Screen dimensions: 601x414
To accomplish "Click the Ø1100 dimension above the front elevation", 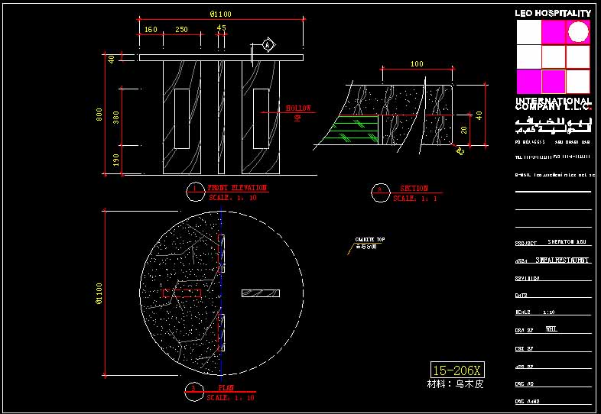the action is pos(220,14).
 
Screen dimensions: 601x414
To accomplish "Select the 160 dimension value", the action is pos(151,30).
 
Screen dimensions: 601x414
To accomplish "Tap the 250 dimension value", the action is pos(181,30).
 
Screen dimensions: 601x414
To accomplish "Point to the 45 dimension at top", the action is pos(222,28).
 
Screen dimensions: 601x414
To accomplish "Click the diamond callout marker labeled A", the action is pos(268,44).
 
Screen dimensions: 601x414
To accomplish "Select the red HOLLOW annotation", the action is pos(298,108).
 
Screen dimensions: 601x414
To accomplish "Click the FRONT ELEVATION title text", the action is pos(237,188).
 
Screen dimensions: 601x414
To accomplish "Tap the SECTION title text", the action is pos(414,189).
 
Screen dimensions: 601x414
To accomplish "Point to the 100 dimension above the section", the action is pos(417,64).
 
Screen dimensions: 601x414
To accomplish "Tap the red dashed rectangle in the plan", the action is pos(182,293).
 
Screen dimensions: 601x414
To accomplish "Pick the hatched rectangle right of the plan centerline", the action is pos(261,293).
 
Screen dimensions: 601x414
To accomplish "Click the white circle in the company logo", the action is pos(579,32).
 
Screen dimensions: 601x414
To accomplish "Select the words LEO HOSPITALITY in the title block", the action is pos(553,13).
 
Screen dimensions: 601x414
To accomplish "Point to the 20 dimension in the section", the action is pos(464,131).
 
